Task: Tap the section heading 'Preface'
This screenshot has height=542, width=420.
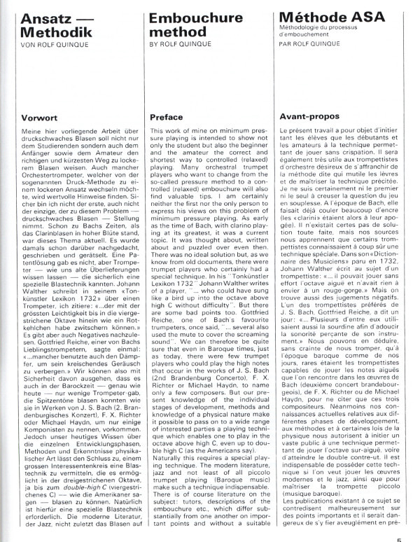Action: (167, 118)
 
